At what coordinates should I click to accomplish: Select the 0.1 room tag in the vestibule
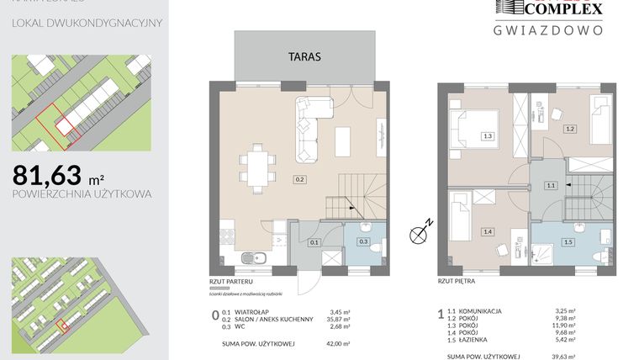(314, 242)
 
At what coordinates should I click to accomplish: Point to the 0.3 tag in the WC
(363, 242)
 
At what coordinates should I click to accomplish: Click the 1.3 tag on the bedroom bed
(488, 135)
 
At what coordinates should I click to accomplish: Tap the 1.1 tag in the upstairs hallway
(552, 185)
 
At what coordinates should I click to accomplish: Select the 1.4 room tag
(488, 230)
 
